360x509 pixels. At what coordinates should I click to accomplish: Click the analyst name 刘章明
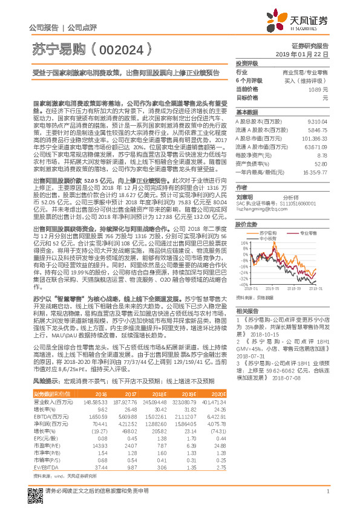pyautogui.click(x=244, y=197)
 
